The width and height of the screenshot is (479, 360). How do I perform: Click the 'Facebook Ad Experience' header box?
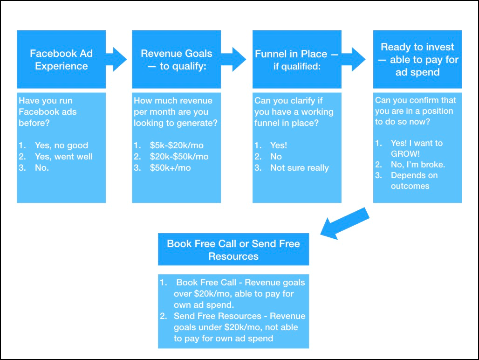pos(61,60)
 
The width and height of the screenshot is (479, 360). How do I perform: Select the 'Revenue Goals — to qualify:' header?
pos(176,60)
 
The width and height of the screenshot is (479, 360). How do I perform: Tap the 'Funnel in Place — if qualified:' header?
pos(297,60)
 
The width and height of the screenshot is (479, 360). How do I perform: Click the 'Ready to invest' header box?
pos(417,60)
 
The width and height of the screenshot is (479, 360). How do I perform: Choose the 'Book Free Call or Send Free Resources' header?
pos(233,249)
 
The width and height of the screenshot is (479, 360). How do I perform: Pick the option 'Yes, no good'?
pos(61,145)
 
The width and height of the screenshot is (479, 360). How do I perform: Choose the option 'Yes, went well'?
pos(63,156)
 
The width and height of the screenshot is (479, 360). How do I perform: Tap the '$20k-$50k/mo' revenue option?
pos(179,156)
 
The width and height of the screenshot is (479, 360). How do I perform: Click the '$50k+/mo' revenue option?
pos(170,167)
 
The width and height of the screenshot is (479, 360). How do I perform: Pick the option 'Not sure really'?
pos(299,167)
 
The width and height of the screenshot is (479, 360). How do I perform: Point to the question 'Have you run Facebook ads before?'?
pos(48,111)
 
